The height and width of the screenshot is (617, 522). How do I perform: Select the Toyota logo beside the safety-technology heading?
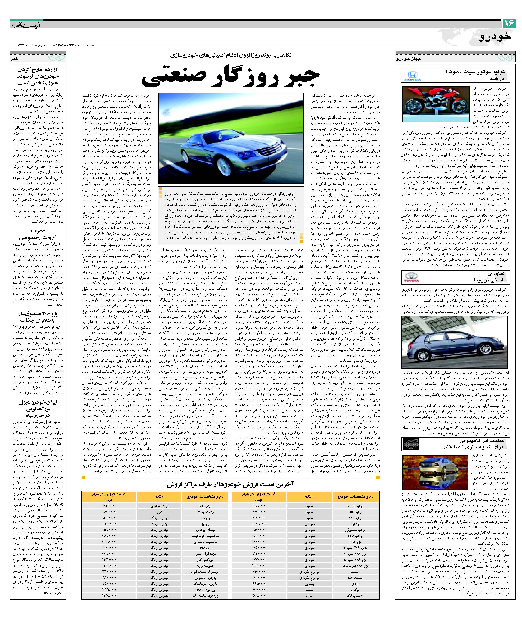[x=412, y=278]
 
